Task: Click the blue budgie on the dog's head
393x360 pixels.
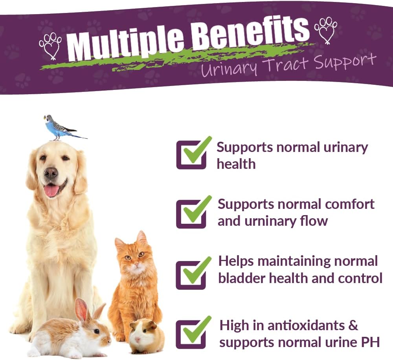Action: coord(59,128)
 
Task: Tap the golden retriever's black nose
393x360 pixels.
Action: coord(50,172)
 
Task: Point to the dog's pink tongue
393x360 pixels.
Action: coord(51,191)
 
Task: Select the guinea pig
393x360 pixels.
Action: coord(146,336)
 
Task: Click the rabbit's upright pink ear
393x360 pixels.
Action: coord(81,310)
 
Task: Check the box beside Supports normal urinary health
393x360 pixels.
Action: coord(191,155)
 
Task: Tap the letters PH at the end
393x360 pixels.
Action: coord(371,342)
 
